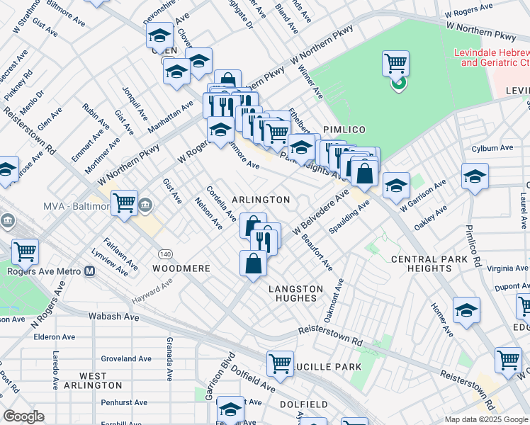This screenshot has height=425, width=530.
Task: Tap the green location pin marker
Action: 398,84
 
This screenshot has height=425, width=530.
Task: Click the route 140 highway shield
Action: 164,254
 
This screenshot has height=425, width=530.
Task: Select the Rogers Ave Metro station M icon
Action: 90,271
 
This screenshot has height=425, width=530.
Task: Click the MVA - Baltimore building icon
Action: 145,205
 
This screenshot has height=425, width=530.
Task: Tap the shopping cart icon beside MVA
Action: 125,203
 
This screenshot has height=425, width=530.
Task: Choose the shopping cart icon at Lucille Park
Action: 281,363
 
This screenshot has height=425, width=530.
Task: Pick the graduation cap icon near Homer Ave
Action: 466,310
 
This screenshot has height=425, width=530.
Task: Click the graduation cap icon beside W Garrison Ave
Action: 396,186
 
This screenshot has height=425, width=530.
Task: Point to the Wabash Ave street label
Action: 113,317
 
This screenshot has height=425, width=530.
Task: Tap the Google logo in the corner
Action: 23,416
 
